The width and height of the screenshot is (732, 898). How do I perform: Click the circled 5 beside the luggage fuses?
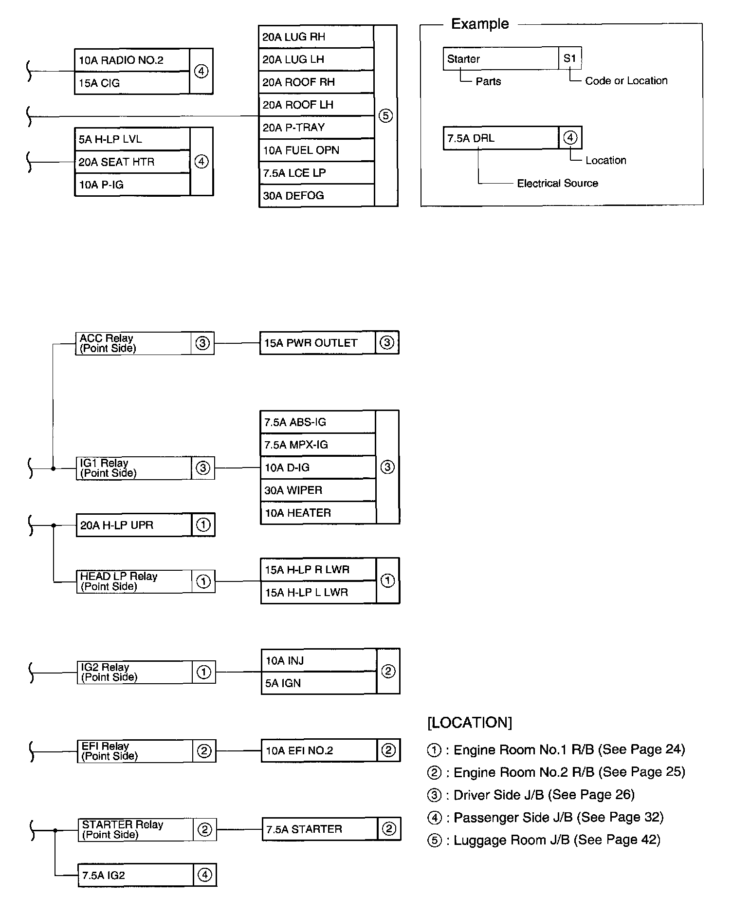coord(386,116)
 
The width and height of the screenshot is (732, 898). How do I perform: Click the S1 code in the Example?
coord(570,59)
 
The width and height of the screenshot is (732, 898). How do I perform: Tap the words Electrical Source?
coord(557,184)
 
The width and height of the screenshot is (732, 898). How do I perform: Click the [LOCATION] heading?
coord(470,723)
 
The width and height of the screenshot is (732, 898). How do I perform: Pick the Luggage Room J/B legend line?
coord(544,840)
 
